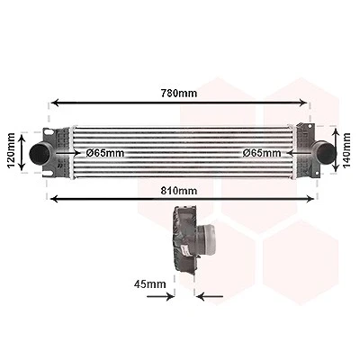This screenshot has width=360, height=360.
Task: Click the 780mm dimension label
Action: (x=179, y=94)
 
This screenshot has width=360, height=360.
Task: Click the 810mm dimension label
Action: (x=179, y=191)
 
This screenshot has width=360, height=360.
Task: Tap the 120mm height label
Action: (x=11, y=151)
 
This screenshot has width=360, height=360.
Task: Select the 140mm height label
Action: (x=346, y=150)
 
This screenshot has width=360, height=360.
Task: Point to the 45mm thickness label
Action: (x=149, y=283)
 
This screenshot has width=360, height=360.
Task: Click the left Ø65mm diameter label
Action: (x=105, y=153)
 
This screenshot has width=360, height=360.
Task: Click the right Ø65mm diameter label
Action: (x=262, y=153)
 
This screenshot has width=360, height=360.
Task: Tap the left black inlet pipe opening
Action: (x=40, y=153)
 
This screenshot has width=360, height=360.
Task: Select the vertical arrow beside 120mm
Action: (x=22, y=153)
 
